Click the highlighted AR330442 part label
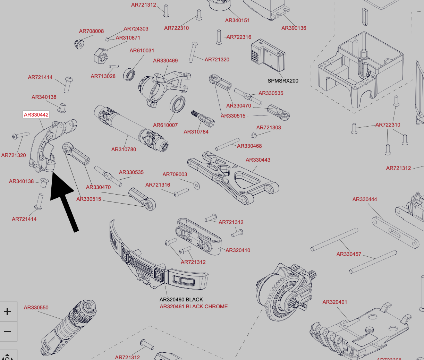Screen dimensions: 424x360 click(36, 114)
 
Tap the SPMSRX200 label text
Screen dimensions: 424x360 click(283, 81)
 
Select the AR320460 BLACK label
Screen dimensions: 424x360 click(181, 300)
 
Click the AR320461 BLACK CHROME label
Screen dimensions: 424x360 click(194, 307)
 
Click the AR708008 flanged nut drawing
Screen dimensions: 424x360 click(79, 44)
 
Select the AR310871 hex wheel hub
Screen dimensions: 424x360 click(101, 55)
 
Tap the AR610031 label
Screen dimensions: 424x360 click(142, 51)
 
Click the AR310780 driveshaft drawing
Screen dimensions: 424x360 click(131, 129)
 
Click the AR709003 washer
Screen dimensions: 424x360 click(197, 186)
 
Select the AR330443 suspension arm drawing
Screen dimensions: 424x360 click(233, 178)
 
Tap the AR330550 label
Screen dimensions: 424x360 click(36, 308)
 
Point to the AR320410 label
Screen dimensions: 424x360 click(238, 250)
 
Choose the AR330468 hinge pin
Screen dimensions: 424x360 click(227, 144)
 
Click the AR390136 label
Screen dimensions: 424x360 click(294, 28)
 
